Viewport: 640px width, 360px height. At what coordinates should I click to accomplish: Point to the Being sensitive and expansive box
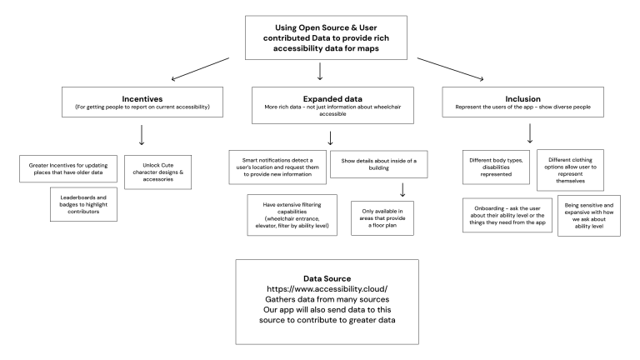point(587,217)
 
